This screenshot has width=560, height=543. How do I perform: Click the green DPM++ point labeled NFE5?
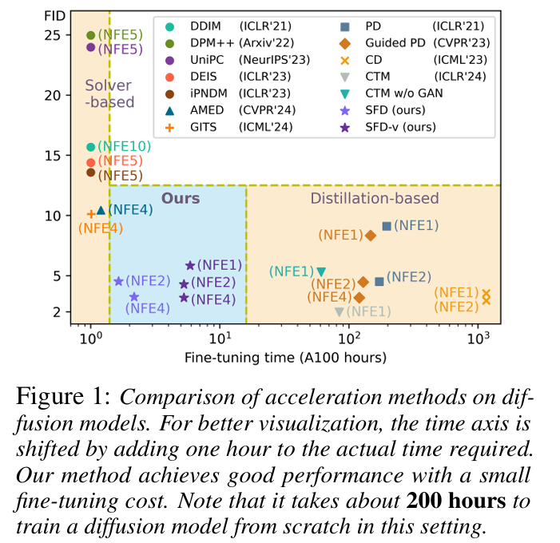pyautogui.click(x=90, y=35)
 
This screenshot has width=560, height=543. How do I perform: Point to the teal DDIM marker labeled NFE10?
pyautogui.click(x=90, y=147)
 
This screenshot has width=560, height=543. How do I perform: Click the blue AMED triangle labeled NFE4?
pyautogui.click(x=101, y=210)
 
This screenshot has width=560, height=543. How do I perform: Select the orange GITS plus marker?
pyautogui.click(x=90, y=213)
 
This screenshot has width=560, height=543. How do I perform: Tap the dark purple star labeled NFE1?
pyautogui.click(x=190, y=265)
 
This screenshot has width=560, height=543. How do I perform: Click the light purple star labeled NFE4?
pyautogui.click(x=134, y=297)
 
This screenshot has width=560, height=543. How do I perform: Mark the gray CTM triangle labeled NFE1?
pyautogui.click(x=340, y=311)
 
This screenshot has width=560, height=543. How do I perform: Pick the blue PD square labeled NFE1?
pyautogui.click(x=387, y=226)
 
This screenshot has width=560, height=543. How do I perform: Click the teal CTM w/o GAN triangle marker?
pyautogui.click(x=321, y=272)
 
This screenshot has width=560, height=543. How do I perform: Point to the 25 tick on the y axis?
pyautogui.click(x=53, y=35)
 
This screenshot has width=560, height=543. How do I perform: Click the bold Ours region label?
pyautogui.click(x=181, y=198)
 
